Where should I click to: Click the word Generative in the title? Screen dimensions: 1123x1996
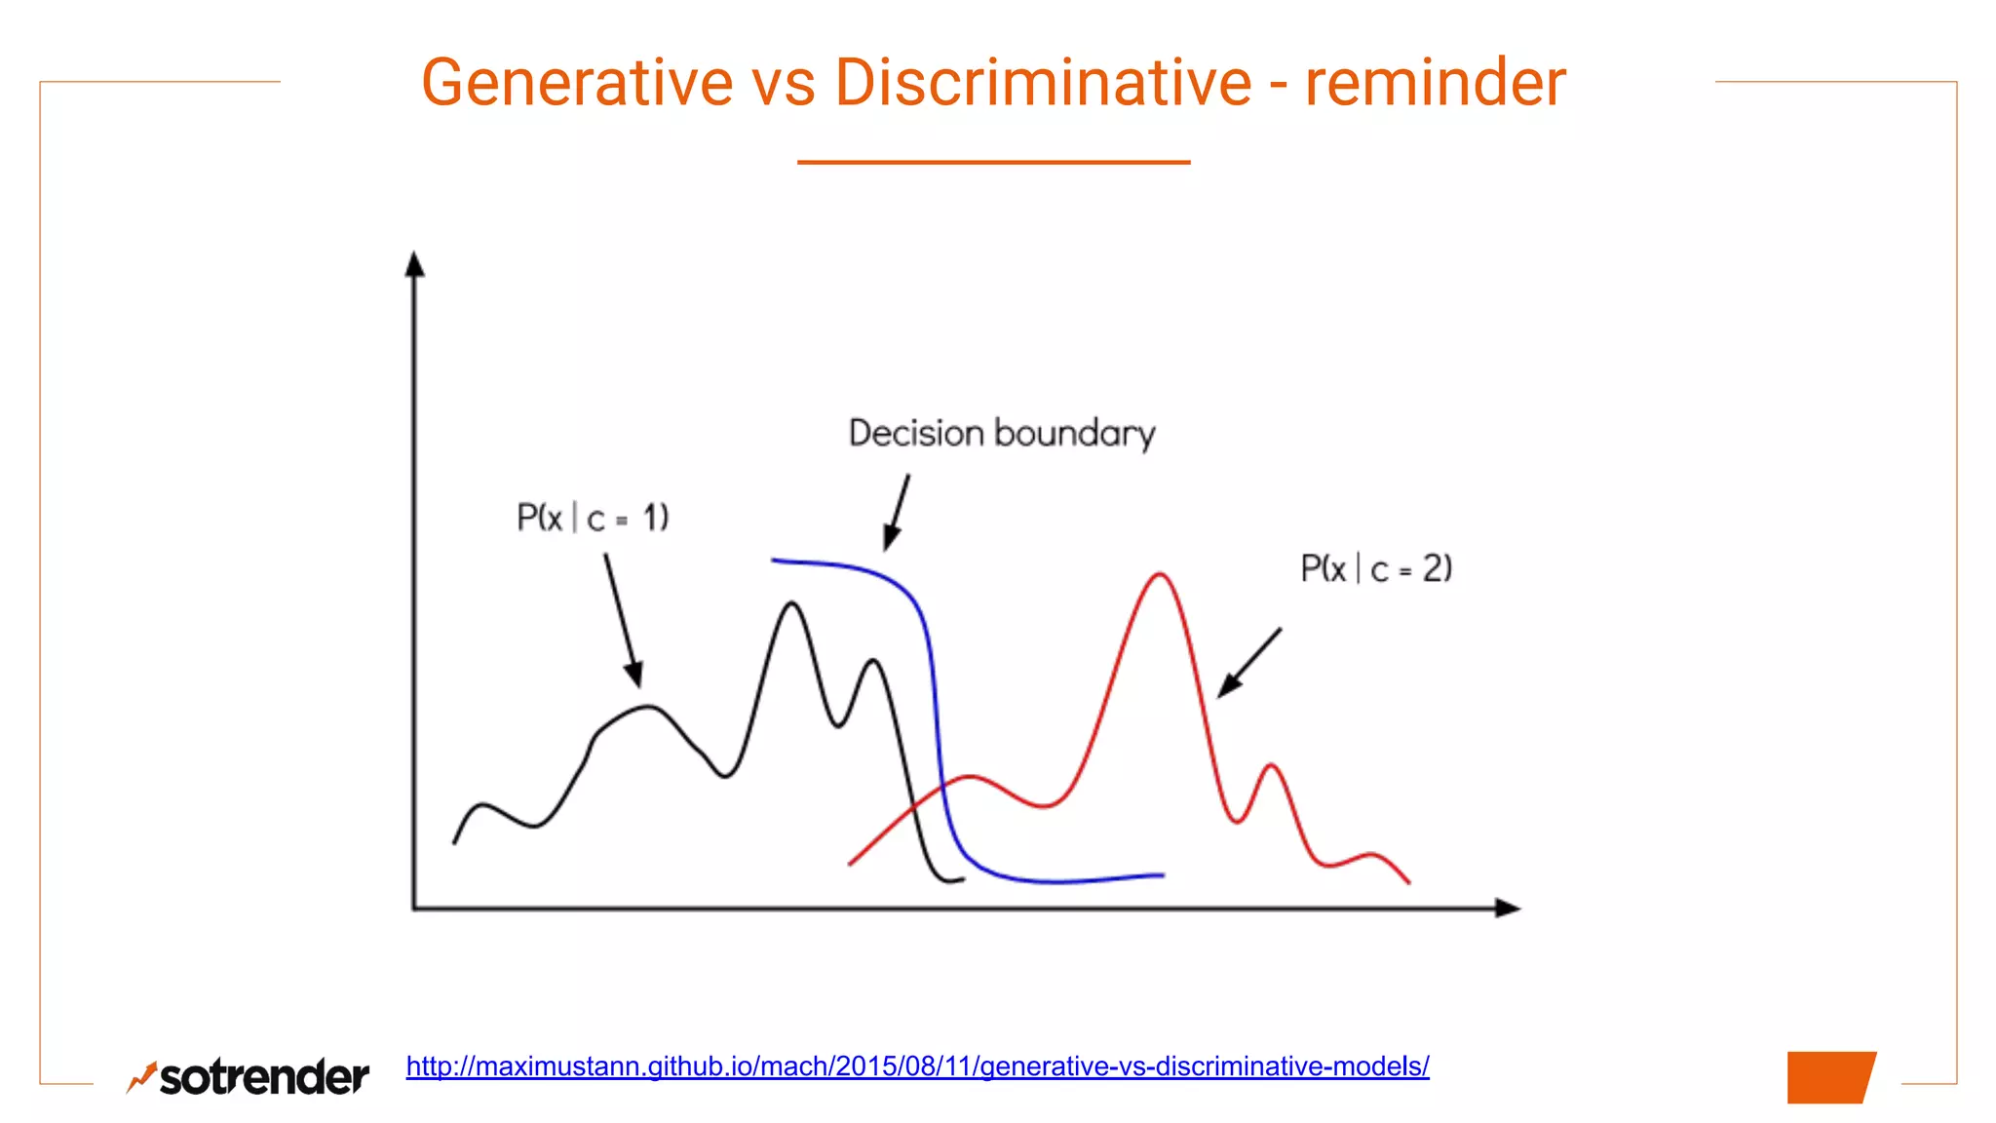coord(576,83)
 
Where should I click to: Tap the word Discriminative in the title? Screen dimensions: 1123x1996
coord(1043,83)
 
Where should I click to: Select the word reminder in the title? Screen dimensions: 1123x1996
coord(1435,83)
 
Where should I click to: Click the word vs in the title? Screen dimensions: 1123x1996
coord(784,83)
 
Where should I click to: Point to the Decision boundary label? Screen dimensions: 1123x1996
coord(1002,433)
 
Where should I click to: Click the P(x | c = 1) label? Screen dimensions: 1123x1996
coord(593,518)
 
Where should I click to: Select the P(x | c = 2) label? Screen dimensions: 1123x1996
coord(1376,568)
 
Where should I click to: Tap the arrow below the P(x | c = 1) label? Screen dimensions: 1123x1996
coord(622,620)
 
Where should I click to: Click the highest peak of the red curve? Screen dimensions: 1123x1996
coord(1160,575)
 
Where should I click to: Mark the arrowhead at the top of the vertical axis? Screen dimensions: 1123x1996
coord(415,264)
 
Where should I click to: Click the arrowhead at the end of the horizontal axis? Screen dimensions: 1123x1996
coord(1507,908)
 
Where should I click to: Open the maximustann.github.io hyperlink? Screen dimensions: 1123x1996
coord(917,1066)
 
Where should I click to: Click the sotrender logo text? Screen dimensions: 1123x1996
coord(264,1077)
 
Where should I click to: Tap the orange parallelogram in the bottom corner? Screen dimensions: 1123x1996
coord(1830,1077)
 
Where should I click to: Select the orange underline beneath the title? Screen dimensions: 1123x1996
coord(993,162)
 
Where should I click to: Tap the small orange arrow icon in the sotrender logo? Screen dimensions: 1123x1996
coord(142,1076)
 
